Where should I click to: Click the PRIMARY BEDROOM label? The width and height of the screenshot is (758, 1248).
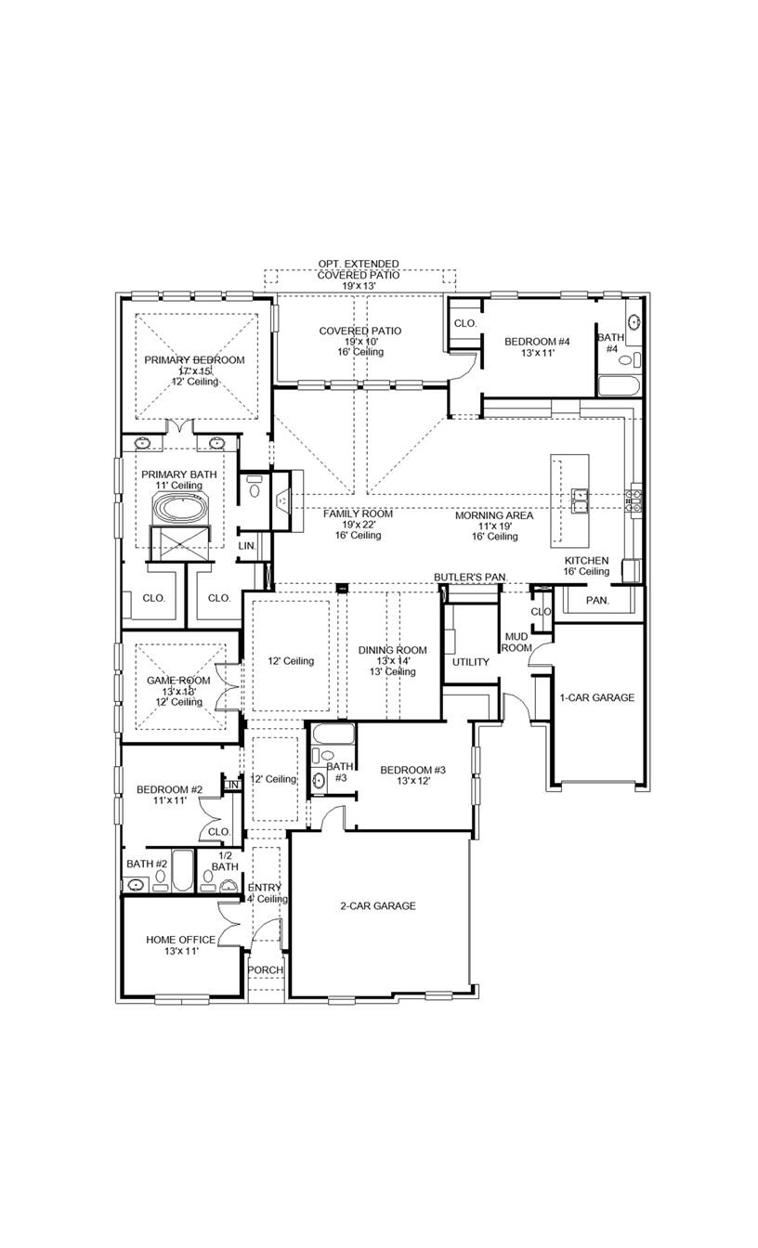194,360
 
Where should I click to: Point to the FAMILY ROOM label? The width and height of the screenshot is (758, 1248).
358,513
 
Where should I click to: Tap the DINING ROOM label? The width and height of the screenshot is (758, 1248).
393,650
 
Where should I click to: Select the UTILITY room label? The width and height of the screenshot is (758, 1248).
470,662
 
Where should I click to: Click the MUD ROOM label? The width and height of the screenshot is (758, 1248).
516,642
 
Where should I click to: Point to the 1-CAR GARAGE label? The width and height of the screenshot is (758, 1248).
596,697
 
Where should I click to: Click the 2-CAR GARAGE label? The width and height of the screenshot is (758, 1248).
377,905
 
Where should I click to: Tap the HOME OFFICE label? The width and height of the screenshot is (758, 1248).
180,940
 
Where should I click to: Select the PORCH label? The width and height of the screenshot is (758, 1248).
265,969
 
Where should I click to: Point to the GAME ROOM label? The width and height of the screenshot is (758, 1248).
179,681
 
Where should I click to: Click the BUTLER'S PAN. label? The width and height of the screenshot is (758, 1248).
470,578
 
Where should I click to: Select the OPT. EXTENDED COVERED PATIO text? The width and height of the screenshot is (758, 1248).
359,269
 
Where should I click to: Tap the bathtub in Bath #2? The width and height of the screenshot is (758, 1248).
183,871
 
